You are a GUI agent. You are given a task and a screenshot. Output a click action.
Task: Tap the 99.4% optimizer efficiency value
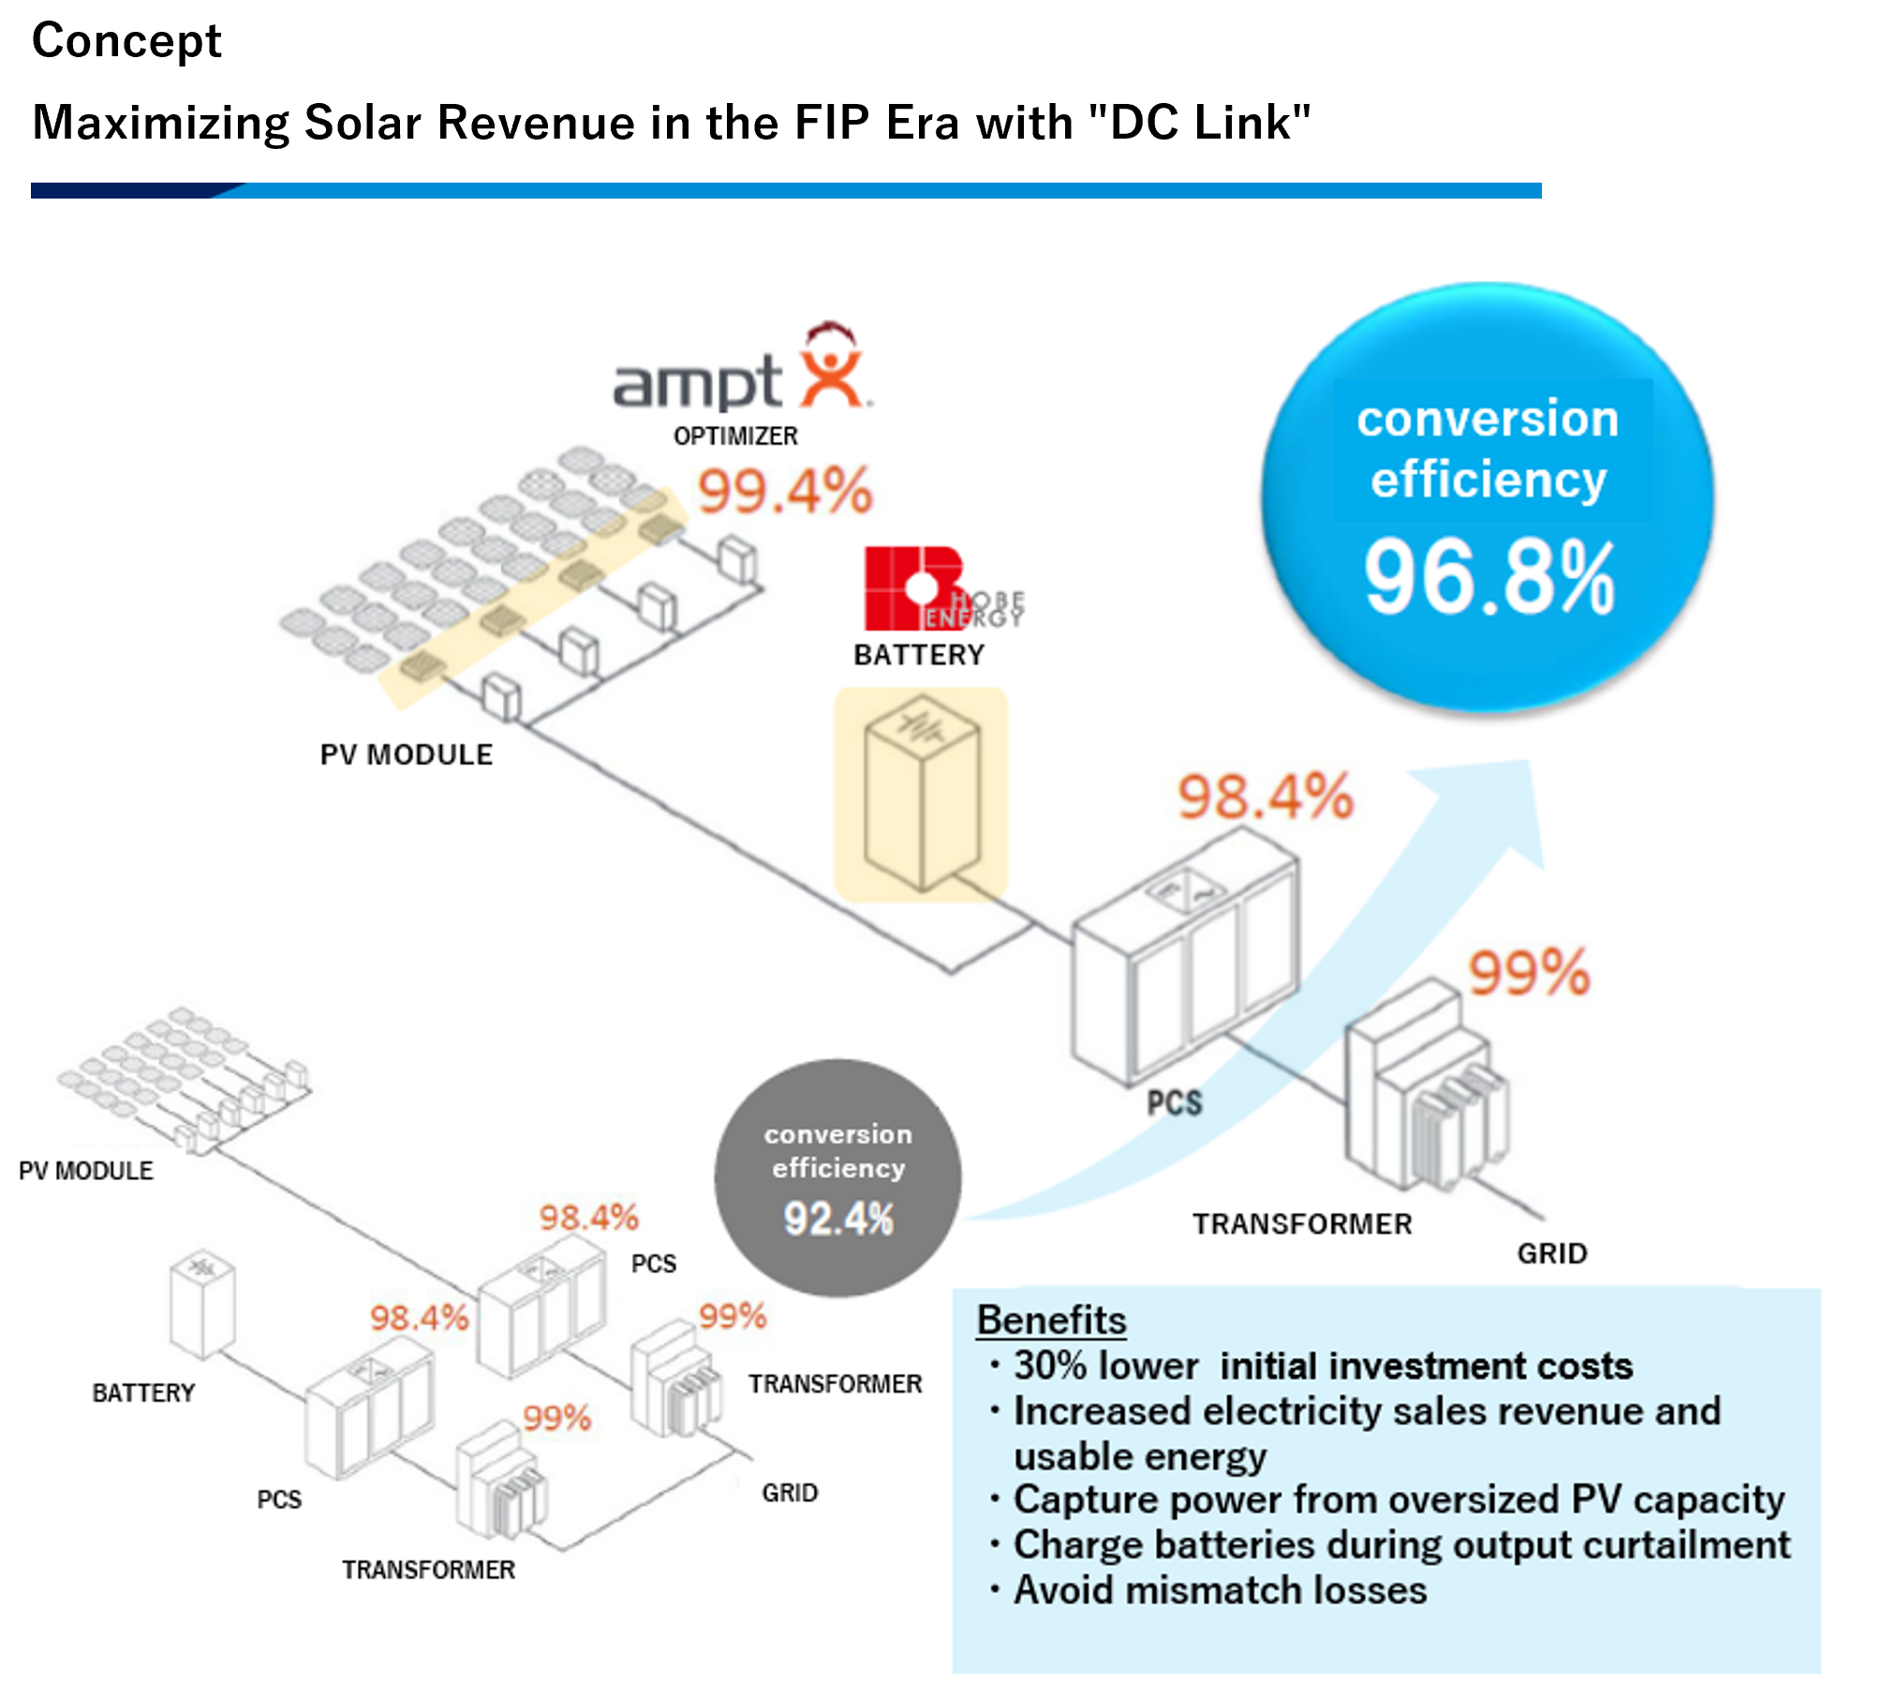[x=785, y=491]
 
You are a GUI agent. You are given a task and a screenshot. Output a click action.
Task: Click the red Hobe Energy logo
[x=942, y=588]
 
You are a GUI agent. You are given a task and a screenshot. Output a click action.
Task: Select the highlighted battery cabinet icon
[x=922, y=792]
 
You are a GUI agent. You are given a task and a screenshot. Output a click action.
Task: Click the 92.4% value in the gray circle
[x=838, y=1218]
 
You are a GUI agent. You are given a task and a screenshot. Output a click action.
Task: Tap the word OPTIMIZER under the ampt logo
[x=735, y=436]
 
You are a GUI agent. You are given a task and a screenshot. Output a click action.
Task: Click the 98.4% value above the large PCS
[x=1265, y=797]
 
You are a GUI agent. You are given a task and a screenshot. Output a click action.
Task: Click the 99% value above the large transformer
[x=1529, y=972]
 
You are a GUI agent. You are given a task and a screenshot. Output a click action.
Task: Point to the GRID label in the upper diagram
[x=1552, y=1253]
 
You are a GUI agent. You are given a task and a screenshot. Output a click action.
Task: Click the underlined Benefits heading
[x=1051, y=1320]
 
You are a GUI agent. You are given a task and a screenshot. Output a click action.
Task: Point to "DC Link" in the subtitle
[x=1209, y=122]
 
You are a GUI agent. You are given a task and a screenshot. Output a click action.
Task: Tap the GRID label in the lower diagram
[x=790, y=1493]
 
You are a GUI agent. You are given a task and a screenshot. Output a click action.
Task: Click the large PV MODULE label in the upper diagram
[x=407, y=755]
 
